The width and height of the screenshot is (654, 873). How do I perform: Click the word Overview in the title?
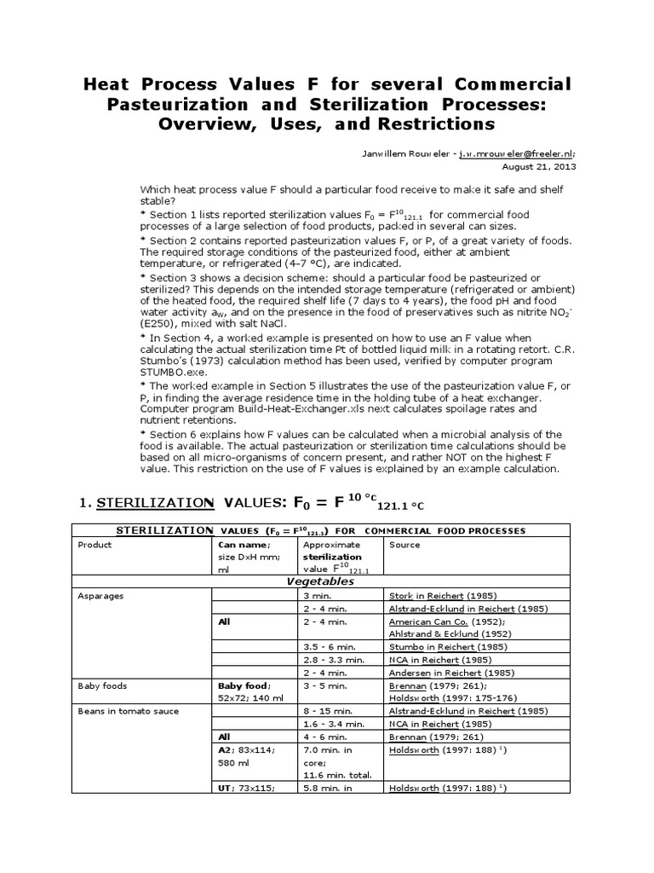[x=216, y=123]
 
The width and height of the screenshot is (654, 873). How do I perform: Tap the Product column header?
[x=95, y=544]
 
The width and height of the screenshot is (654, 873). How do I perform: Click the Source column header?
[x=403, y=544]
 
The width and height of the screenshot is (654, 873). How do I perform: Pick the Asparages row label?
[x=101, y=596]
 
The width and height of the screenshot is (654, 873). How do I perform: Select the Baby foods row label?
[x=101, y=685]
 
